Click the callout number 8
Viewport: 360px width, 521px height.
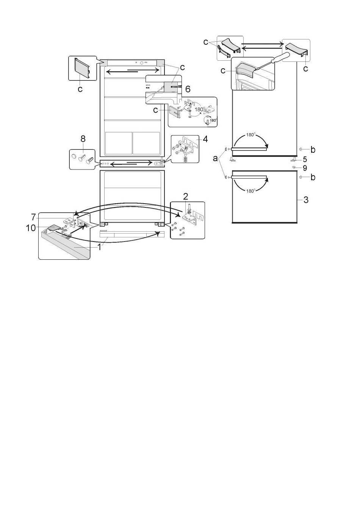[83, 139]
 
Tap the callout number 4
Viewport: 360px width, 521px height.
[205, 139]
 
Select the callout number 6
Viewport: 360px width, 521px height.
[188, 89]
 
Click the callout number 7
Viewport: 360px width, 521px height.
[33, 217]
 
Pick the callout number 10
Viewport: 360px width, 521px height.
[31, 228]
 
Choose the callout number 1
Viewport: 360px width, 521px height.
[99, 247]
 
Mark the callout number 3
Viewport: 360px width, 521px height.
[306, 199]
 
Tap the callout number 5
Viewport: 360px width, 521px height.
[304, 159]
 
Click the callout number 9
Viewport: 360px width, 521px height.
[305, 168]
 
